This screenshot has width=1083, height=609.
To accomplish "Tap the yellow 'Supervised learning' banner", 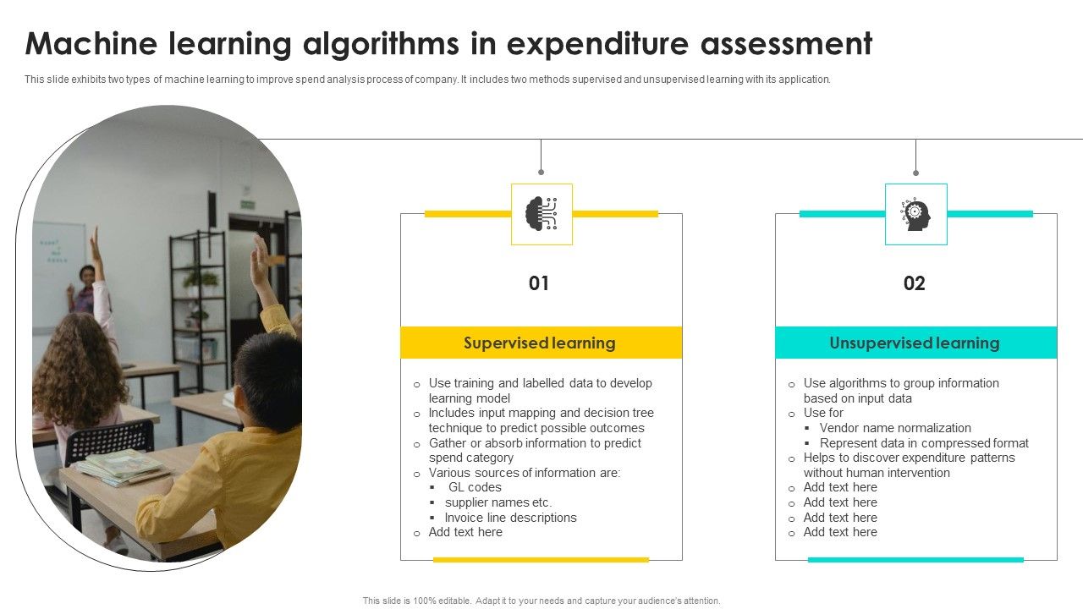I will [x=541, y=343].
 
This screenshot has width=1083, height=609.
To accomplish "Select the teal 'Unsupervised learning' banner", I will [x=915, y=343].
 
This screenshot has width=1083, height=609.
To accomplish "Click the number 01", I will [x=539, y=283].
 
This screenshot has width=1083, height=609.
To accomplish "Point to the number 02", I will [x=915, y=283].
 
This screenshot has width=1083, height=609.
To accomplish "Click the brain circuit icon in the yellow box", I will [x=541, y=214].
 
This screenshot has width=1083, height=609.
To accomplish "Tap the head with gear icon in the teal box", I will [x=915, y=214].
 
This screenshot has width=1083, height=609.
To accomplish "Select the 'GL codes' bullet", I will [x=475, y=487].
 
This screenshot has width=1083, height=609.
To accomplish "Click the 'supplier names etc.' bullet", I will [x=498, y=502].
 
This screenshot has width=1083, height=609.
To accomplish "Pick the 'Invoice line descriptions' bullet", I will [x=510, y=518].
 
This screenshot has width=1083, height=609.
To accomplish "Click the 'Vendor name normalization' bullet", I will [x=895, y=428].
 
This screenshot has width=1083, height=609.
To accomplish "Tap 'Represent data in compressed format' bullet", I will [x=924, y=443].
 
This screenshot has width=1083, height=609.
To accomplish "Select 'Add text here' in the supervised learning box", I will [x=465, y=532].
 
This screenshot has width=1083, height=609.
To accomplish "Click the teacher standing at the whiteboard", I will [x=84, y=288].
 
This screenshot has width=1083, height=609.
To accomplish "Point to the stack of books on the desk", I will [x=118, y=466].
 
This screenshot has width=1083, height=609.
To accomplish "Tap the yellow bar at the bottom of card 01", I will [x=541, y=559].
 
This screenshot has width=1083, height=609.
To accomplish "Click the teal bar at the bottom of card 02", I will [x=915, y=559].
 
